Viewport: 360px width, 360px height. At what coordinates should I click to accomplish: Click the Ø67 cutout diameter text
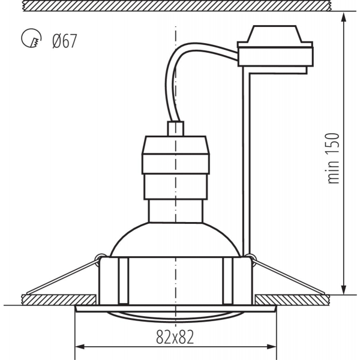tap(64, 41)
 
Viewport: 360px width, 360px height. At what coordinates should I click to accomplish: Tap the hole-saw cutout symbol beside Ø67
tap(29, 40)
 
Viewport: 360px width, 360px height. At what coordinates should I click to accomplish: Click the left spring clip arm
tap(60, 277)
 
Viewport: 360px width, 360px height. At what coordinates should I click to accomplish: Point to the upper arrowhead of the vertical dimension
tap(344, 18)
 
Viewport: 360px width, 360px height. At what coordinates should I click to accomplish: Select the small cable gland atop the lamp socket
tap(175, 129)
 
